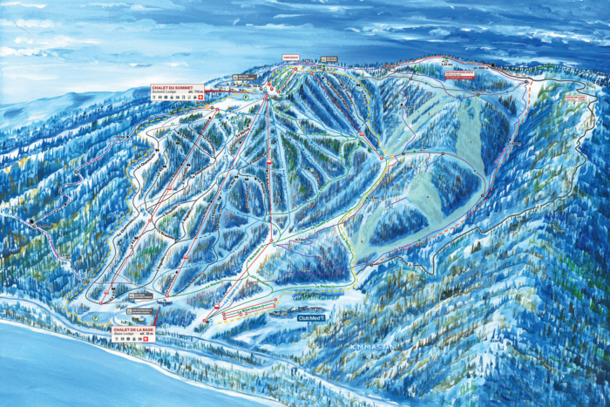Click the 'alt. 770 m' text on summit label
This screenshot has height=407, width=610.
198,89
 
